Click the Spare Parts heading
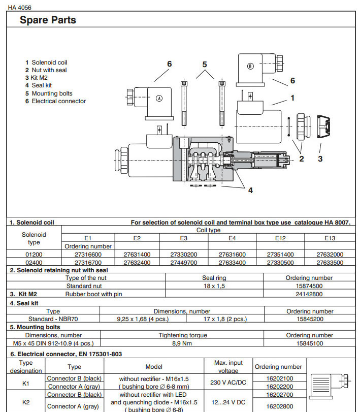tap(48, 20)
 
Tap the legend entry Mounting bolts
tap(49, 93)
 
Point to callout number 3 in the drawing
tap(320, 159)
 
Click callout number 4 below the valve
tap(250, 191)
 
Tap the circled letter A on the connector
tap(159, 99)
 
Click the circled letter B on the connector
tap(249, 67)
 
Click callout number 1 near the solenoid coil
tap(292, 98)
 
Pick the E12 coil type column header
tap(280, 238)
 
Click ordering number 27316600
tap(88, 255)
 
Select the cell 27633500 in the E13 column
tap(330, 263)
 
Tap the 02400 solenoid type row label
tap(34, 263)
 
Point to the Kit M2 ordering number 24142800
tap(309, 294)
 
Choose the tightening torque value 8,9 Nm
tap(183, 343)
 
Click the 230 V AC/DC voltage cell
tap(228, 382)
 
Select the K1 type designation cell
tap(26, 383)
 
